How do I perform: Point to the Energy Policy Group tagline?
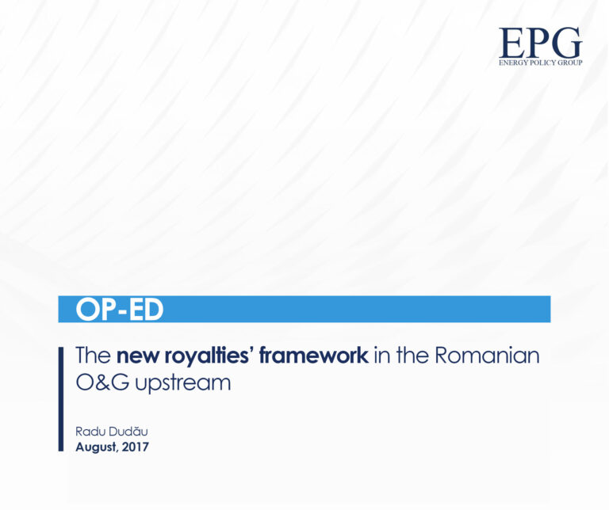coord(540,62)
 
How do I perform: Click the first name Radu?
coord(89,432)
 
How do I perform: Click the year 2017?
coord(135,447)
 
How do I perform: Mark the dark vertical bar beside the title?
coord(61,399)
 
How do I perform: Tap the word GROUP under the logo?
coord(569,62)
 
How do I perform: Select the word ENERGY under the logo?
coord(513,62)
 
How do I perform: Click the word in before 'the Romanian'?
coord(382,356)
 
